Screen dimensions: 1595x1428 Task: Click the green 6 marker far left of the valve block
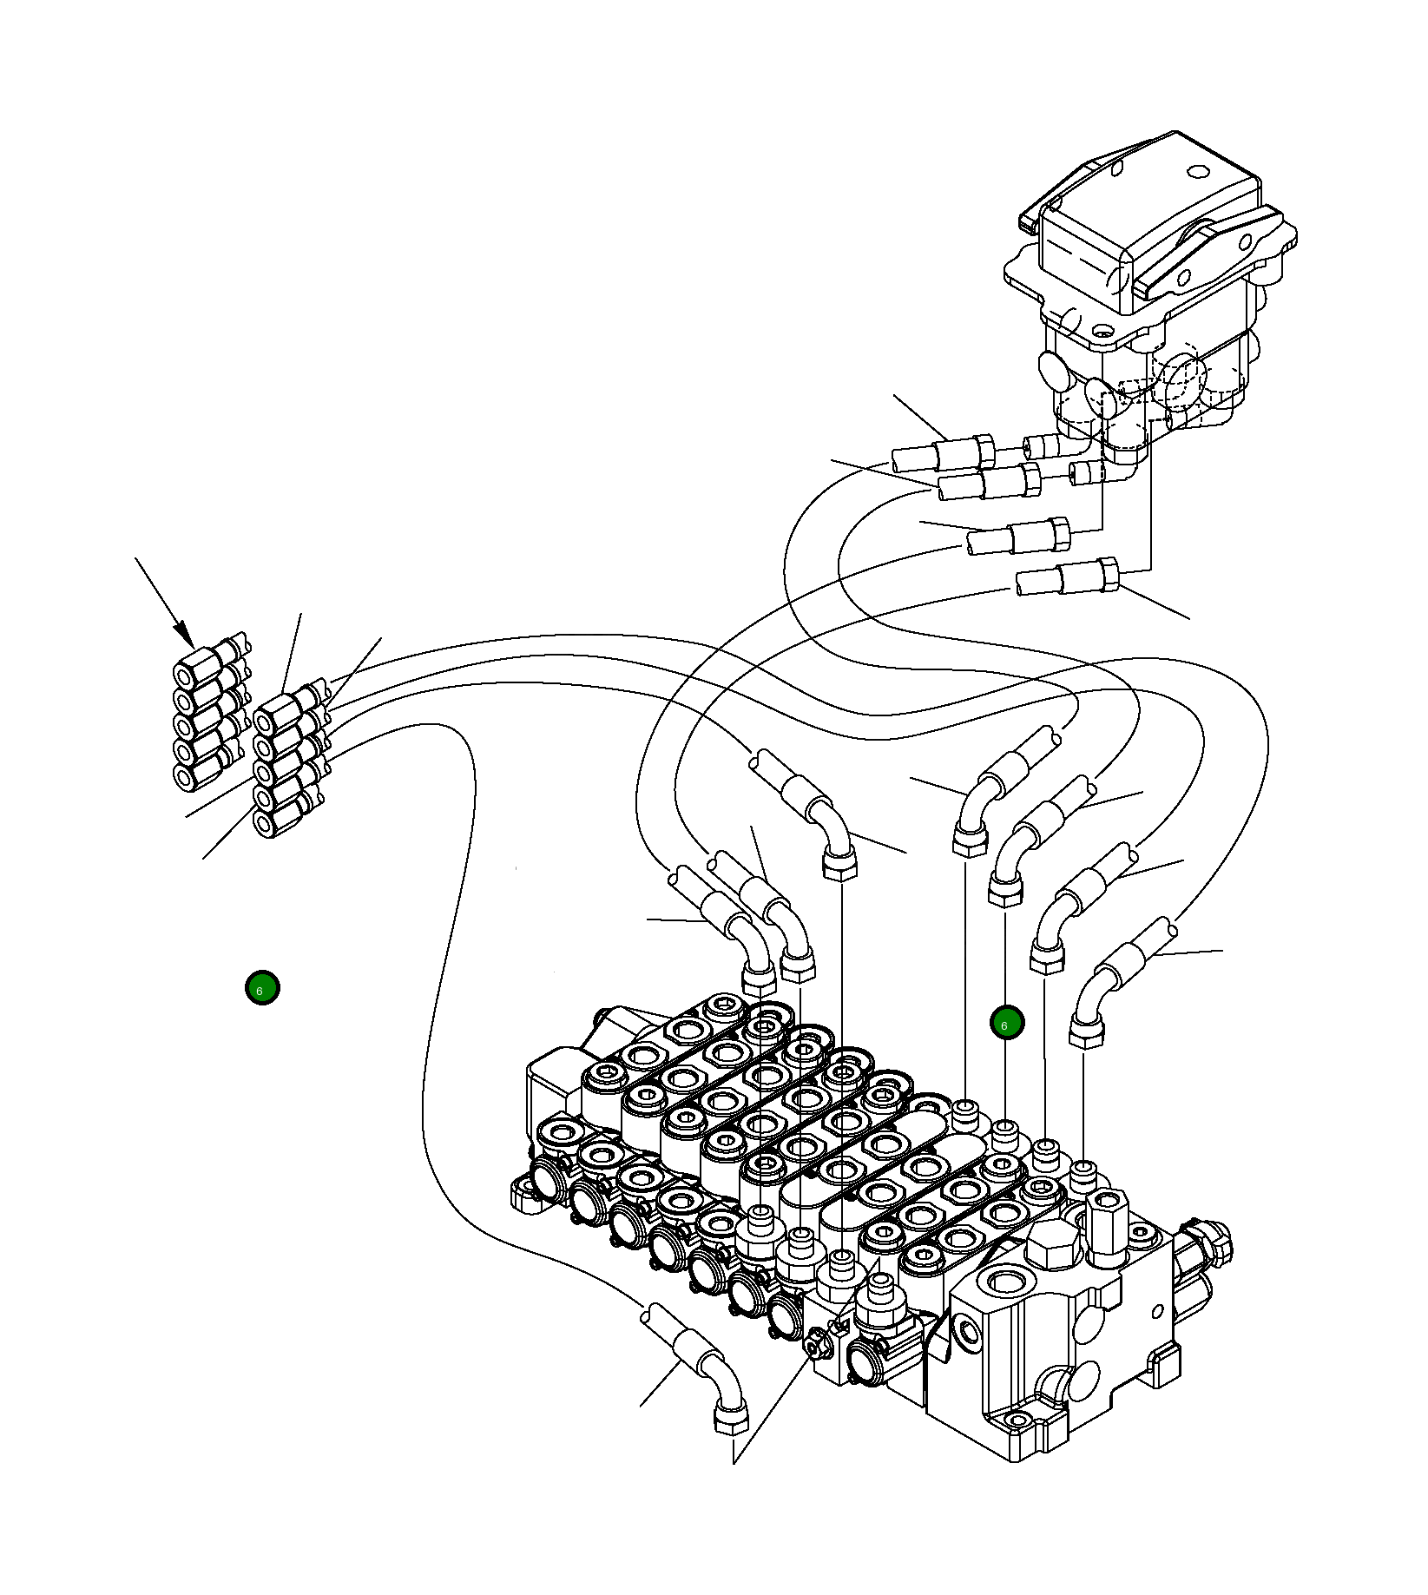pyautogui.click(x=262, y=988)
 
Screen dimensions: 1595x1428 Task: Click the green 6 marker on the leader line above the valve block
pyautogui.click(x=1007, y=1023)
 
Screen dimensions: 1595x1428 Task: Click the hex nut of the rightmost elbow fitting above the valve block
pyautogui.click(x=1086, y=1033)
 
